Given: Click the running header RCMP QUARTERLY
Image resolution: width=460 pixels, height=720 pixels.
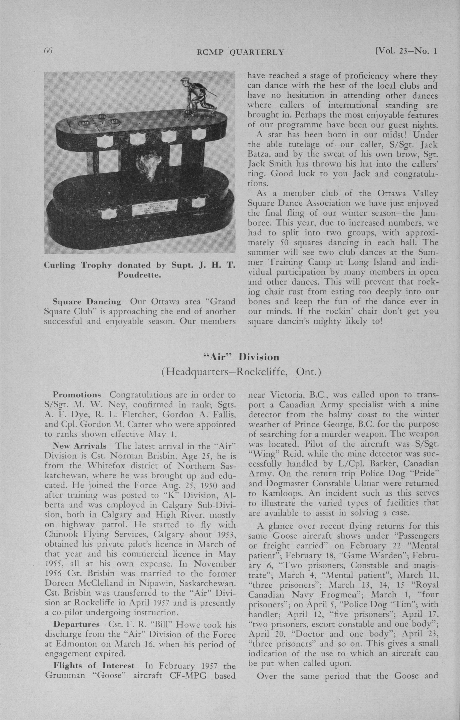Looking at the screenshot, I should click(240, 52).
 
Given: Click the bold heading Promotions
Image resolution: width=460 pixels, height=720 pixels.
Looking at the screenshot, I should click(76, 395).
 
